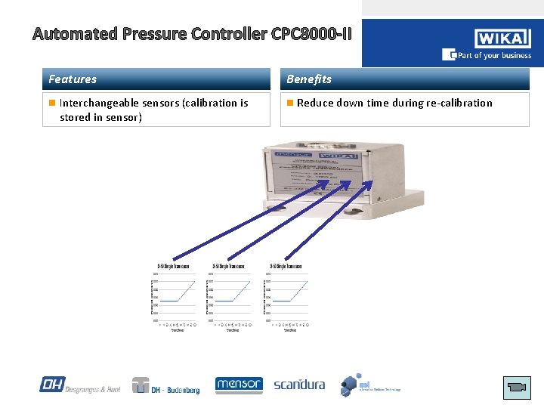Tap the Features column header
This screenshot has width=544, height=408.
click(x=73, y=79)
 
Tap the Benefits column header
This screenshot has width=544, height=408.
click(x=308, y=79)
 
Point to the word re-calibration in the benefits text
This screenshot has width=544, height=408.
click(x=459, y=103)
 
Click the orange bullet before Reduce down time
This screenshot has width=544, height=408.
click(x=290, y=103)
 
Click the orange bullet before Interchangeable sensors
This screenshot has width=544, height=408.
click(x=51, y=103)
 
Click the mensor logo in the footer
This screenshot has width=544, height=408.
click(x=239, y=385)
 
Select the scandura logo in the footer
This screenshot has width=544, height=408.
click(x=299, y=385)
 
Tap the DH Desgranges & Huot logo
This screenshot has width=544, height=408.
click(x=79, y=385)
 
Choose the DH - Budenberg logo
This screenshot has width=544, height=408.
click(x=165, y=386)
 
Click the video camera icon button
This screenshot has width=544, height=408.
click(x=517, y=388)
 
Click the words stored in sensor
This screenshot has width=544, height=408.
click(x=100, y=117)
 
